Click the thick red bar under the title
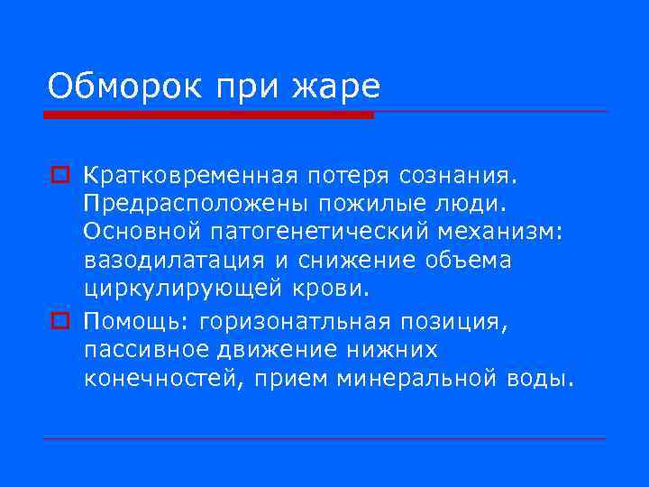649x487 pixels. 208,115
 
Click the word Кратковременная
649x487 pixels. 205,172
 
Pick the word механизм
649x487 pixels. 499,231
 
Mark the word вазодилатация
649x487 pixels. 174,261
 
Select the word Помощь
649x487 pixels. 136,320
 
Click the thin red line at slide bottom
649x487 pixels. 324,438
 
